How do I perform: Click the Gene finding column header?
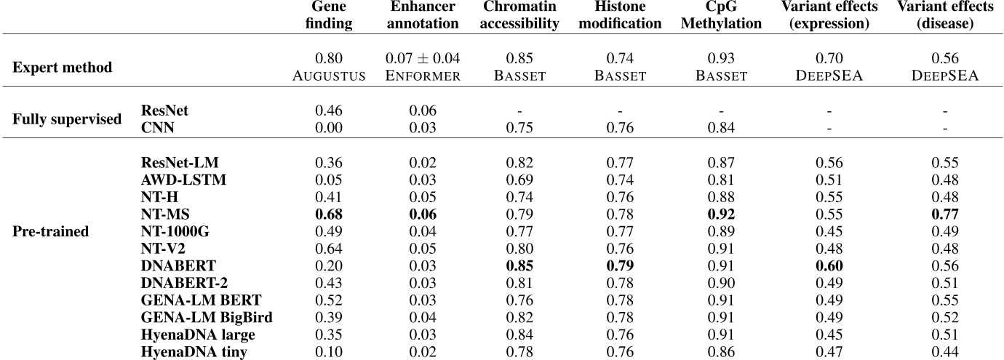332,15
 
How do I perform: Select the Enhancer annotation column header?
422,15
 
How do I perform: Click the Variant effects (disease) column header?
944,15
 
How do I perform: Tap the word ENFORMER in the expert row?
423,76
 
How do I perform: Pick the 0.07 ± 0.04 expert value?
423,58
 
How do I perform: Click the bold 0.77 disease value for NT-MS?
944,214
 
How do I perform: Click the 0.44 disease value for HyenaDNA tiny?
944,353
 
